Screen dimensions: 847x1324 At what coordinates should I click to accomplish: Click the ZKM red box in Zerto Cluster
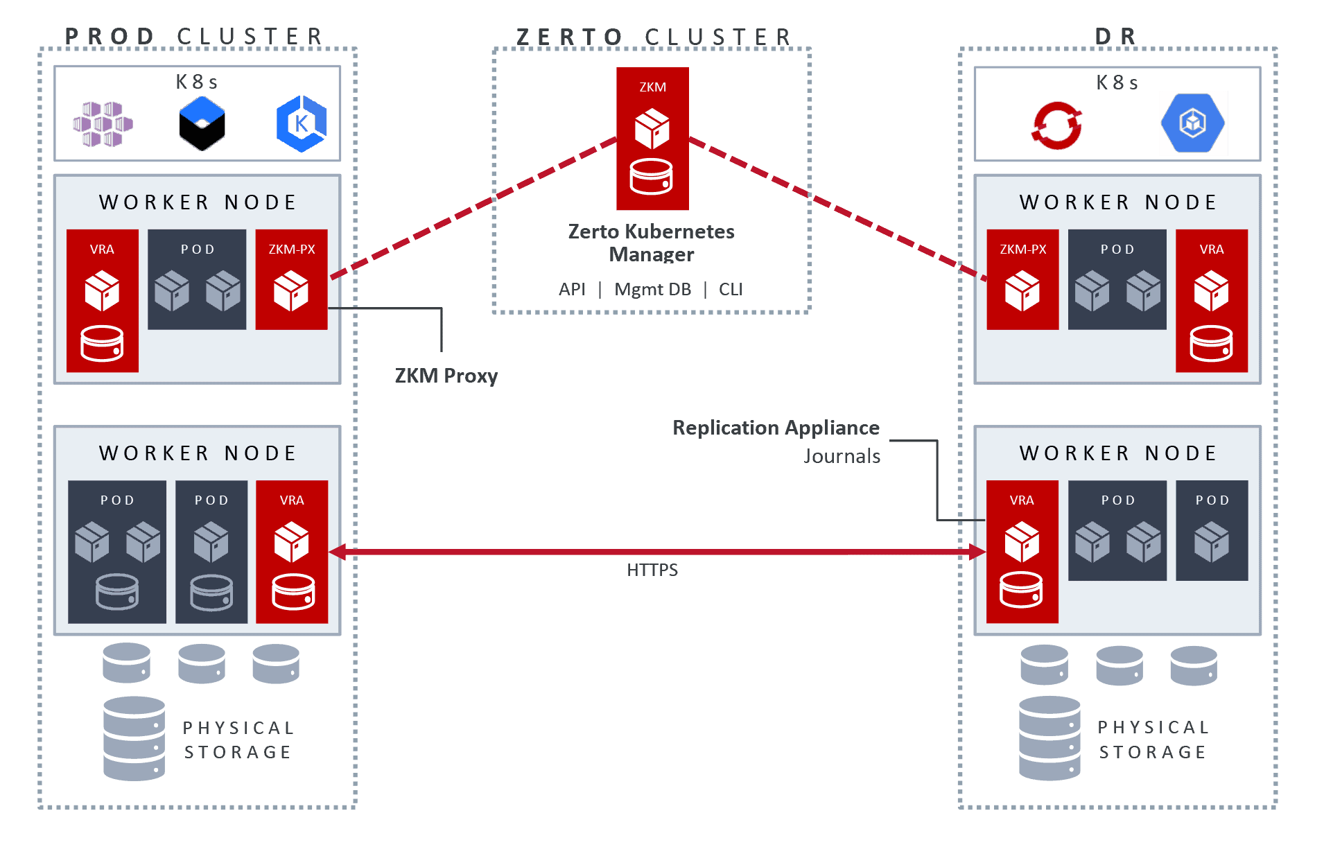652,138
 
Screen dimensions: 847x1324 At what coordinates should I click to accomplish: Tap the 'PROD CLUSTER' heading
194,36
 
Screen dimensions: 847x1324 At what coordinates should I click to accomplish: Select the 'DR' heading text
1115,36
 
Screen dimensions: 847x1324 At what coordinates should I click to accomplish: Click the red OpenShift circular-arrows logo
1056,125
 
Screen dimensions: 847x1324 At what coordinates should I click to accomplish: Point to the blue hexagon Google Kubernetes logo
1192,123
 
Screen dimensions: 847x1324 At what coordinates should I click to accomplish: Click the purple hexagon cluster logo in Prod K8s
103,124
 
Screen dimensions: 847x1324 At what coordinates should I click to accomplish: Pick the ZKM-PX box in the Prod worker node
291,279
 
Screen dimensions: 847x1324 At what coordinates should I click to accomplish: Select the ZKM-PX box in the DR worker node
1022,279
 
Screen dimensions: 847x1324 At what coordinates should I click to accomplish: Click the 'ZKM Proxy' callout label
446,376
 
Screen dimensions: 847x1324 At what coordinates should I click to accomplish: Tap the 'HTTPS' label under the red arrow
652,570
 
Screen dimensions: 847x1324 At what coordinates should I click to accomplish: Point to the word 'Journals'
842,456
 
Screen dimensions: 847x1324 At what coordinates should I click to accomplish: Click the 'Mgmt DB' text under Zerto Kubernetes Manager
652,289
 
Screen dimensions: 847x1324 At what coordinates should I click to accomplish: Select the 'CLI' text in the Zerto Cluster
730,289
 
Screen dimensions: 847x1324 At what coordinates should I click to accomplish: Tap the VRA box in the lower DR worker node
1022,551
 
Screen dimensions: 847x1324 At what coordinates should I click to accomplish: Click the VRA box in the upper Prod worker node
103,300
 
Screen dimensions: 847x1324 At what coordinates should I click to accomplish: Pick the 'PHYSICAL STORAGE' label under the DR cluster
1153,740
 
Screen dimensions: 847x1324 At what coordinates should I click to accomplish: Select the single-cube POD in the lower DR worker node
1211,530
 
